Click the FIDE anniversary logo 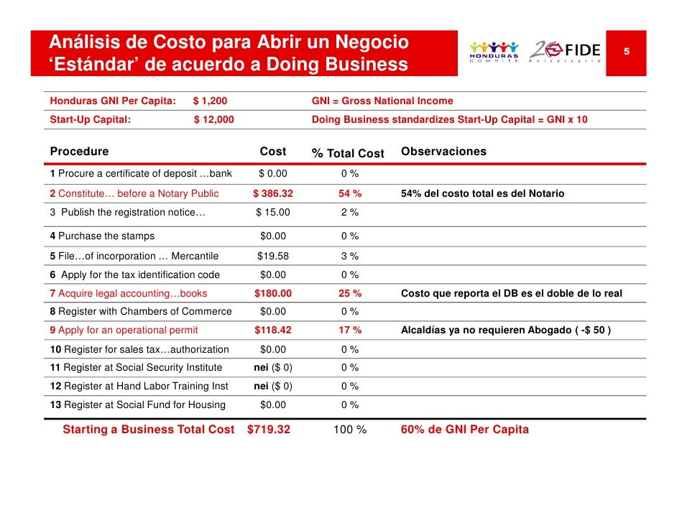[565, 52]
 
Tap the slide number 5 [627, 51]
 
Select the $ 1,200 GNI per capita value [211, 101]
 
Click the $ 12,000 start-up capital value [213, 119]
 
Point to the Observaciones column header [443, 152]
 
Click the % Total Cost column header [348, 153]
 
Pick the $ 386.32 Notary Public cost [273, 193]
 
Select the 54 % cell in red [350, 193]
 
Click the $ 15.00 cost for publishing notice [273, 213]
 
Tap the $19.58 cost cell [273, 256]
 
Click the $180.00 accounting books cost [273, 293]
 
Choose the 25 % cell [350, 293]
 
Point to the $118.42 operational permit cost [273, 330]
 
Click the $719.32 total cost [269, 430]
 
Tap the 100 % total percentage [350, 430]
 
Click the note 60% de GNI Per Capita [464, 430]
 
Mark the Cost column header [273, 152]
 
